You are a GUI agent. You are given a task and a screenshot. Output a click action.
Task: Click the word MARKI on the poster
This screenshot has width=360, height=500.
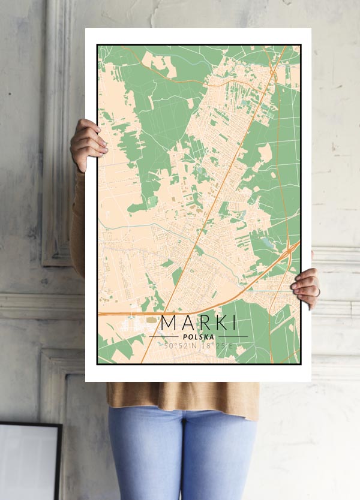(198, 323)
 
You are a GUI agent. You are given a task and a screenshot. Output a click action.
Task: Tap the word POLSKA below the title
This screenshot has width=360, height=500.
(198, 337)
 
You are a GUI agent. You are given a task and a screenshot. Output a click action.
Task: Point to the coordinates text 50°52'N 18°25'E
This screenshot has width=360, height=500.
(198, 346)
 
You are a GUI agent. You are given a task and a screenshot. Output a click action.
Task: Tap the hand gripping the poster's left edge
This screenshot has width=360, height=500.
(88, 144)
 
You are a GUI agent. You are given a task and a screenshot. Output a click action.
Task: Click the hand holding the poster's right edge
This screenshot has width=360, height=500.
(307, 288)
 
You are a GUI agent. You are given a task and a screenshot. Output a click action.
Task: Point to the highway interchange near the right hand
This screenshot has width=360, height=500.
(291, 248)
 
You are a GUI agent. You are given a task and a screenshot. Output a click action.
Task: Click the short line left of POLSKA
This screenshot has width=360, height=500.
(163, 337)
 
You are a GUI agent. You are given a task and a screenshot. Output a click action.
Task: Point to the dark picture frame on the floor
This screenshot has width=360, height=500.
(30, 462)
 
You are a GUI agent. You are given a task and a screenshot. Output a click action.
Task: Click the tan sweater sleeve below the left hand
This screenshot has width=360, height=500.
(77, 222)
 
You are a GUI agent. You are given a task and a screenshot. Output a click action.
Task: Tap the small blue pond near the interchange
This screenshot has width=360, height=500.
(266, 242)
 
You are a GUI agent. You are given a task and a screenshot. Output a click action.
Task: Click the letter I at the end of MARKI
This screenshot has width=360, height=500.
(233, 323)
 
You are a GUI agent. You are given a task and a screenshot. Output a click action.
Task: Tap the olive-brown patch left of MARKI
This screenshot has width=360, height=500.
(150, 320)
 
